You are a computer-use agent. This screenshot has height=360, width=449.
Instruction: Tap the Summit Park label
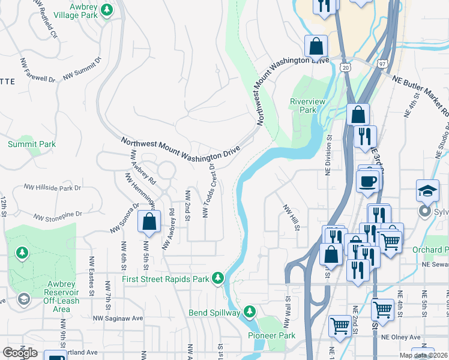click(31, 144)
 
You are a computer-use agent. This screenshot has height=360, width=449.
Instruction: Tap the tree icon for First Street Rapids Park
click(218, 278)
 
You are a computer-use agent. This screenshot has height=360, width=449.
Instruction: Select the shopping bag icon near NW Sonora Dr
click(149, 221)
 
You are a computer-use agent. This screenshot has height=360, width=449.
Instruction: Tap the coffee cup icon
click(367, 181)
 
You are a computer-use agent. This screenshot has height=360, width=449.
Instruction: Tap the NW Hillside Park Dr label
click(52, 188)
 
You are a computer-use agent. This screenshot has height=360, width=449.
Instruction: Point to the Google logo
click(20, 353)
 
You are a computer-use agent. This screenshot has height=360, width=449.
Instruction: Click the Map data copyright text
click(423, 355)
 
